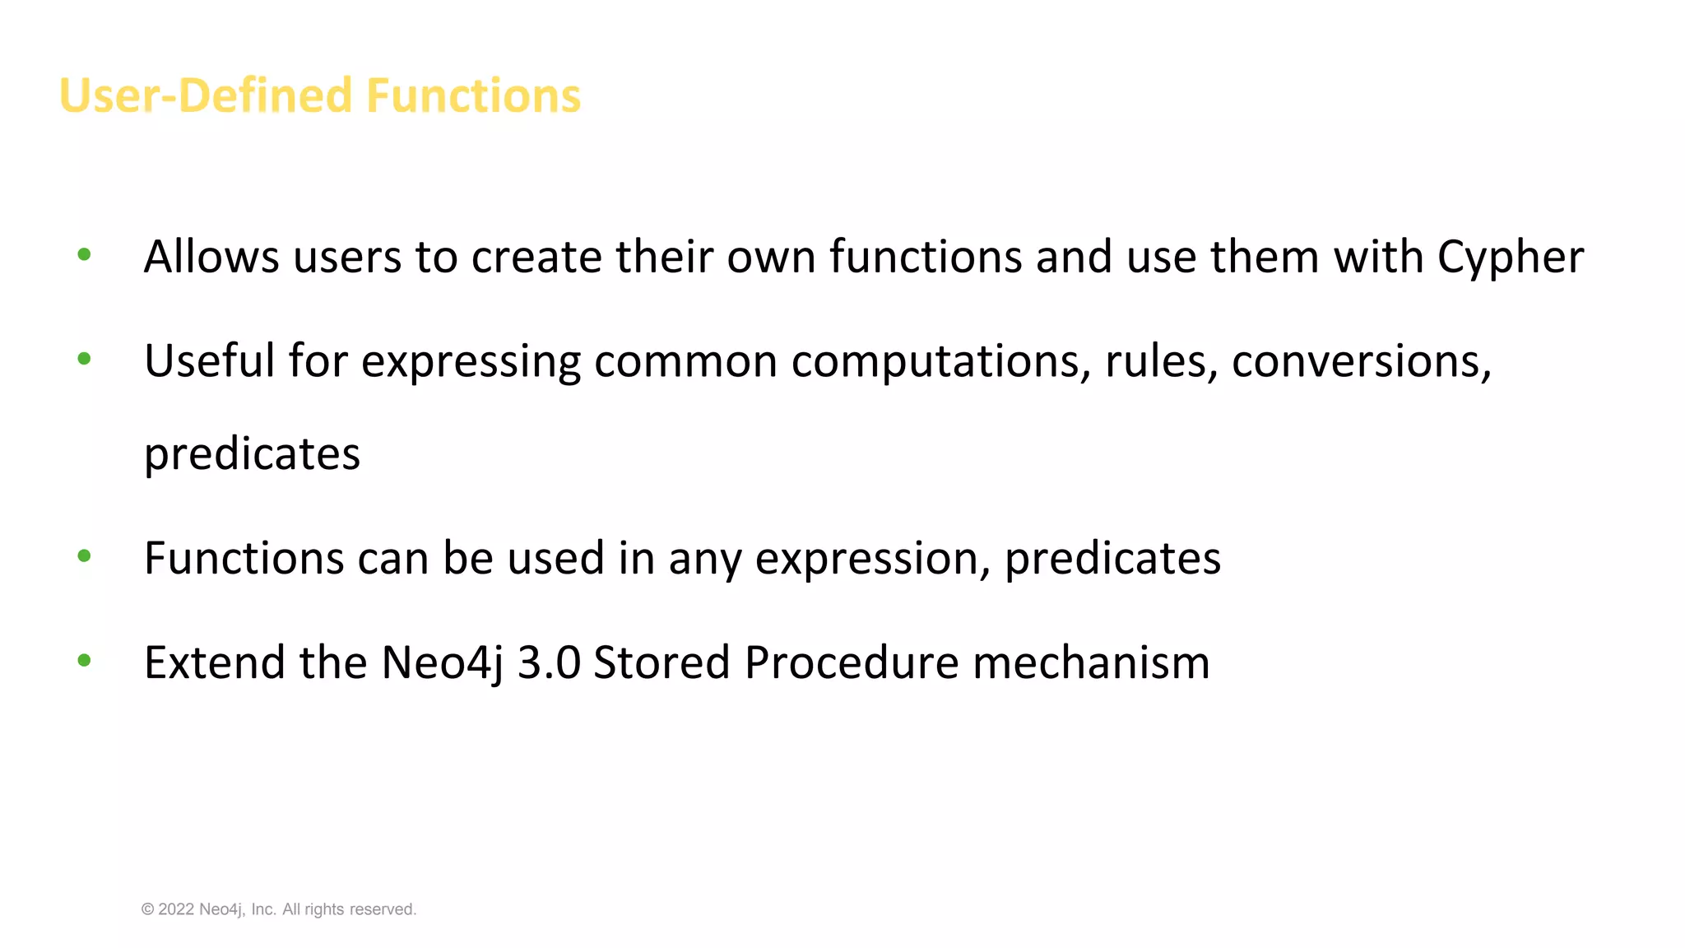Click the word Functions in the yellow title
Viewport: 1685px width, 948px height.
[473, 95]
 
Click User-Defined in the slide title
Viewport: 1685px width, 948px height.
[206, 95]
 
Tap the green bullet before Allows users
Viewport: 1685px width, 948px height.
[84, 255]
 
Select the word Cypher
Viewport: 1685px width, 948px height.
[1510, 258]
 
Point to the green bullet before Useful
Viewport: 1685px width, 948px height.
[84, 359]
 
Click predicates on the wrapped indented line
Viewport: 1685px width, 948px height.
[252, 454]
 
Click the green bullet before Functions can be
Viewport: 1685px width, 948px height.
[84, 556]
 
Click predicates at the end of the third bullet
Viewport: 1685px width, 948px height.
[1112, 559]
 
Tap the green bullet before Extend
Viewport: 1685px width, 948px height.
[84, 660]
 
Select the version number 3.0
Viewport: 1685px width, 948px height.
[549, 663]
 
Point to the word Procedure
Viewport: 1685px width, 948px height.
[852, 663]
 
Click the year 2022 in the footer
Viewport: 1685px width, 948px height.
[176, 909]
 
